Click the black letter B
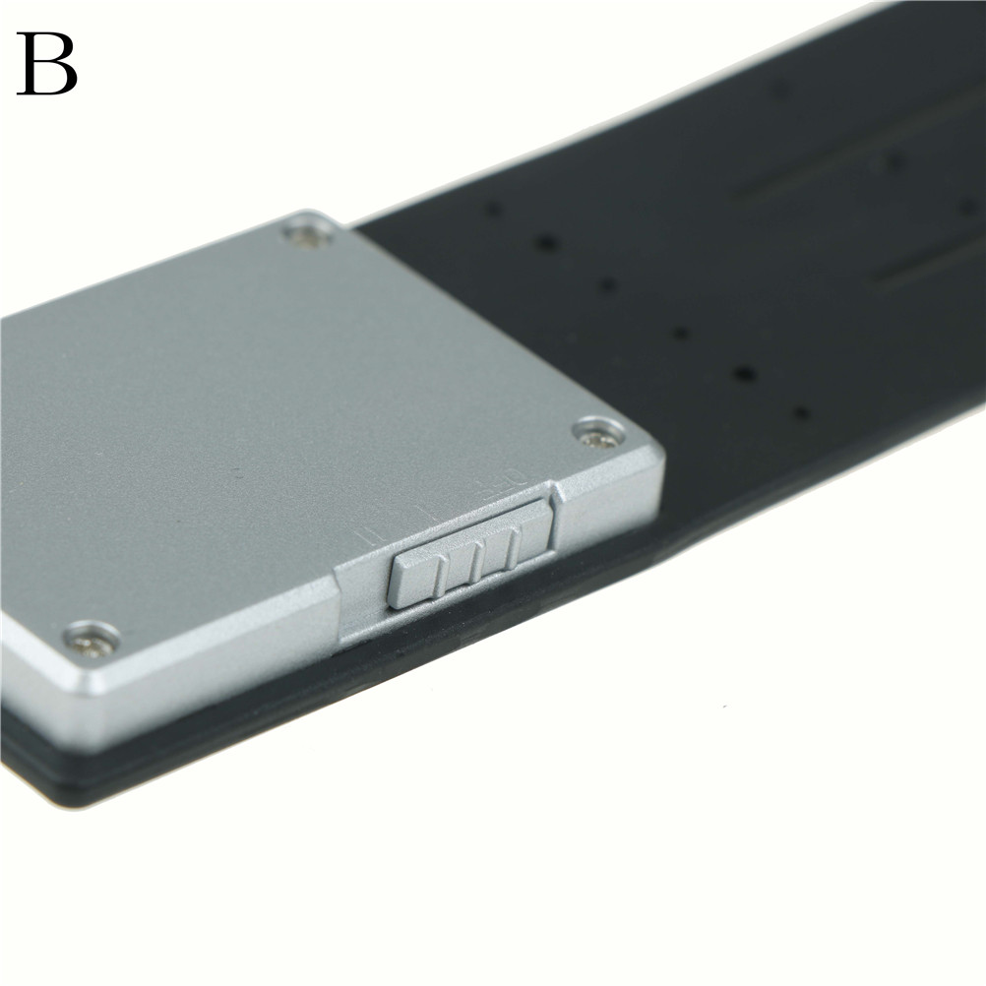[47, 64]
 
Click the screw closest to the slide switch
[598, 434]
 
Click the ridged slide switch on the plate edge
[472, 553]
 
